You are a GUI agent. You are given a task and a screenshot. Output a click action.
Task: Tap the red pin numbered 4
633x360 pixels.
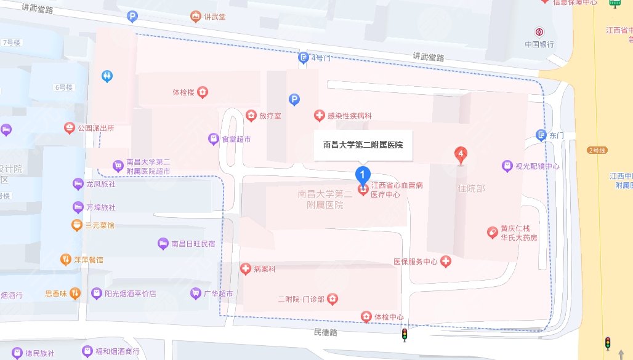point(459,154)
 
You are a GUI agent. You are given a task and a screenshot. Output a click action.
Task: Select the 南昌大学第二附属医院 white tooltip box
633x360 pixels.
point(363,145)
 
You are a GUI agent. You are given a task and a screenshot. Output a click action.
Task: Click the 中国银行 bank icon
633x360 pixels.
point(539,32)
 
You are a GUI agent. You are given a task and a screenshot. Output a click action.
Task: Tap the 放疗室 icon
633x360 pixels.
point(251,116)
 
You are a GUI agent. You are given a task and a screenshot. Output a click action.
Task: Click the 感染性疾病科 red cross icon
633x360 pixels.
point(319,116)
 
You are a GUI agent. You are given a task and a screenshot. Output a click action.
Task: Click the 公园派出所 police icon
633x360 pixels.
point(70,128)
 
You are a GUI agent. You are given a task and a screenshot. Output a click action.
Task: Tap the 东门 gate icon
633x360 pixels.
point(541,135)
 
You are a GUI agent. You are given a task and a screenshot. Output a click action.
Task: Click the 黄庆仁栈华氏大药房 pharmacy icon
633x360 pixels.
point(492,232)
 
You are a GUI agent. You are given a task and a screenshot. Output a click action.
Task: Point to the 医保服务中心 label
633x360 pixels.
point(415,262)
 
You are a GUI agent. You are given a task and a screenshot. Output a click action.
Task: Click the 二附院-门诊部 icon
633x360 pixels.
point(333,300)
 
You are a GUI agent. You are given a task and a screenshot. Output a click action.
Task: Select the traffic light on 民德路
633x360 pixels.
point(405,334)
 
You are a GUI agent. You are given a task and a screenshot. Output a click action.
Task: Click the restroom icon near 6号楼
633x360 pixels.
point(108,76)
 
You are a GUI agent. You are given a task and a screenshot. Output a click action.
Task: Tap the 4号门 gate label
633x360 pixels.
point(321,58)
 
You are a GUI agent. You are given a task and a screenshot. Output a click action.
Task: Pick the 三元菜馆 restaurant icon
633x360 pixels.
point(77,225)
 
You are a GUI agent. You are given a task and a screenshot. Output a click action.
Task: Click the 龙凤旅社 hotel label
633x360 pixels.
point(100,183)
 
